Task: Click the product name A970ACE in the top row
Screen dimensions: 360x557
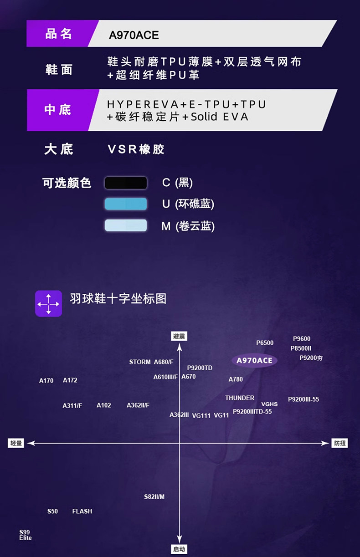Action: click(134, 36)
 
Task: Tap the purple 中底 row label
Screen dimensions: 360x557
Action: click(58, 110)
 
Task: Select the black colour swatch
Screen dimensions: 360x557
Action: click(126, 183)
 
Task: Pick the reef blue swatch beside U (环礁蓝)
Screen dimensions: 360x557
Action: click(126, 204)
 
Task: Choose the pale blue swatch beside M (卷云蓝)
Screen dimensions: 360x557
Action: click(126, 225)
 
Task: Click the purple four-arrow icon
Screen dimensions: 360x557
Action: click(48, 303)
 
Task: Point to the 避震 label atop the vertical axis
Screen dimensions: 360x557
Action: click(179, 337)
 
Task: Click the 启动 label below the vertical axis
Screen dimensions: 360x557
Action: click(179, 549)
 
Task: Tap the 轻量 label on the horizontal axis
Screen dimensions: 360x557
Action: click(16, 443)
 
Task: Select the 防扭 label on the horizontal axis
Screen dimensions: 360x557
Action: click(339, 443)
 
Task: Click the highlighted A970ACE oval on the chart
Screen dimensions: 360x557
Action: click(254, 361)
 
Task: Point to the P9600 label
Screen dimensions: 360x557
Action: click(302, 339)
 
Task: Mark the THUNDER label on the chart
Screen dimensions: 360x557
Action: click(240, 398)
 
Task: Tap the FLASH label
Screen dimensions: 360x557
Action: click(82, 511)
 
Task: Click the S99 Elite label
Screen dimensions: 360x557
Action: click(26, 535)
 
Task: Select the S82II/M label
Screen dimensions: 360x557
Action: click(154, 496)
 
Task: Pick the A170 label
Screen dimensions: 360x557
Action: click(46, 381)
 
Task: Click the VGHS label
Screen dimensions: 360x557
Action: click(269, 404)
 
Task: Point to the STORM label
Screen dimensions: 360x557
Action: click(140, 362)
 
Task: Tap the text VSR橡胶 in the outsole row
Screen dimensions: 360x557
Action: click(136, 149)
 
